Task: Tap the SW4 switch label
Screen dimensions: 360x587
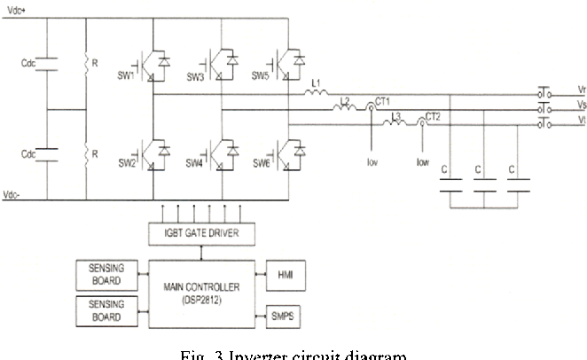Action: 195,163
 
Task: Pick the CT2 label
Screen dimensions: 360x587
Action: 433,116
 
